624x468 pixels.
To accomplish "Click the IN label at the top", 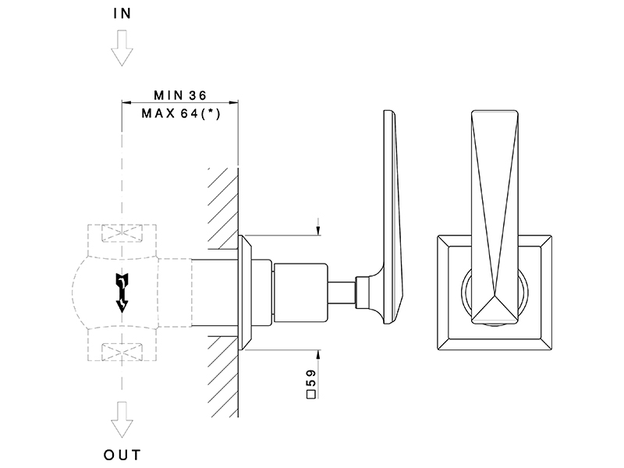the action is pyautogui.click(x=122, y=13).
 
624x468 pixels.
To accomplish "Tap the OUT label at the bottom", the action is pyautogui.click(x=122, y=455).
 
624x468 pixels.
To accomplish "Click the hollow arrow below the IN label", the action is pyautogui.click(x=122, y=48).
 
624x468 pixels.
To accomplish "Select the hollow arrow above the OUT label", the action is pyautogui.click(x=122, y=420).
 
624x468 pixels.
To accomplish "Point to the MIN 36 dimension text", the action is pyautogui.click(x=180, y=95).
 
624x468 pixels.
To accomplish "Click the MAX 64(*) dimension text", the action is pyautogui.click(x=181, y=113).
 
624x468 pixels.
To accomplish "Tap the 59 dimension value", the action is pyautogui.click(x=311, y=378).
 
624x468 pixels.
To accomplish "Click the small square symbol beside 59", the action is pyautogui.click(x=311, y=395).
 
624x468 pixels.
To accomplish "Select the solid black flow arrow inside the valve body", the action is pyautogui.click(x=122, y=292).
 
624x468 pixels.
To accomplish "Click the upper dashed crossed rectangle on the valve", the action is pyautogui.click(x=122, y=233).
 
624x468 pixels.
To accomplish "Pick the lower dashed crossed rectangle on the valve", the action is pyautogui.click(x=122, y=353).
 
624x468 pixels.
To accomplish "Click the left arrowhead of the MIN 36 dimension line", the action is pyautogui.click(x=126, y=103).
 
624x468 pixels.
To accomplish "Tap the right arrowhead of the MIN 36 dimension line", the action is pyautogui.click(x=233, y=103).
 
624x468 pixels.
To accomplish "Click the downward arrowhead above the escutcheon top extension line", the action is pyautogui.click(x=318, y=231).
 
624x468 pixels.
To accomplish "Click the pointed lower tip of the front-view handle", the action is pyautogui.click(x=495, y=295).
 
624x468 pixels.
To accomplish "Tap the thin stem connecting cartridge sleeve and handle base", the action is pyautogui.click(x=342, y=293).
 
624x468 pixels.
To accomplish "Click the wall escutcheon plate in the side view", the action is pyautogui.click(x=245, y=292).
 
